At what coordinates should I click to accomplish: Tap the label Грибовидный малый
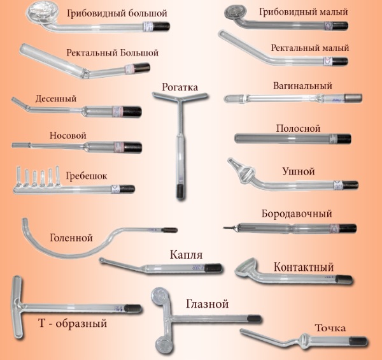click(297, 13)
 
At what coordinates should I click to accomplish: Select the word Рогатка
click(181, 87)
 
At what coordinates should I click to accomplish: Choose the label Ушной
click(298, 171)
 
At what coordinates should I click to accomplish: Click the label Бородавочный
click(297, 213)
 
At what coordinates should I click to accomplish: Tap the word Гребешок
click(87, 173)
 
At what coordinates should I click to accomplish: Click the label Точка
click(330, 328)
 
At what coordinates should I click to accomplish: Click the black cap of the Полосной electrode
click(344, 138)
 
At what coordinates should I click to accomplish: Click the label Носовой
click(68, 136)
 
